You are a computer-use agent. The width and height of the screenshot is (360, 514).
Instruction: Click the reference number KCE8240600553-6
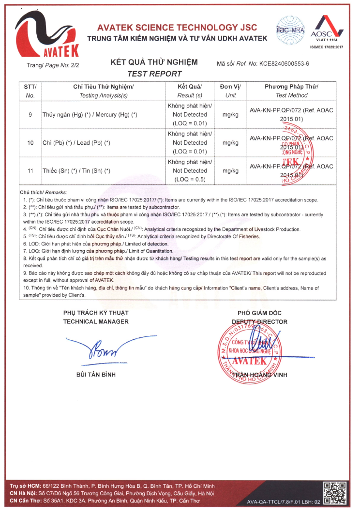coord(285,63)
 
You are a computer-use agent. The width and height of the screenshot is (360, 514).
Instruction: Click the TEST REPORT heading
coord(154,74)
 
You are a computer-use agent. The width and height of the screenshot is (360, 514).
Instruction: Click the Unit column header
coord(230,91)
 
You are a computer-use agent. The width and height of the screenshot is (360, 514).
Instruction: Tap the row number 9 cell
coord(30,115)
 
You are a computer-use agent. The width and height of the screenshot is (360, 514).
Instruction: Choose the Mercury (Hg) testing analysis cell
coord(90,115)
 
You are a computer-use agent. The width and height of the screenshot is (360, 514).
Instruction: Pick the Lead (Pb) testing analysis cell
coord(76,143)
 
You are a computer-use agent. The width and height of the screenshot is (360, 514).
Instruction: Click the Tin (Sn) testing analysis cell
coord(76,171)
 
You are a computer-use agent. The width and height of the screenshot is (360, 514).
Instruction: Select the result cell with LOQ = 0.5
coord(190,171)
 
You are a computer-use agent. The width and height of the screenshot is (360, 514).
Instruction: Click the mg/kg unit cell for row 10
coord(230,143)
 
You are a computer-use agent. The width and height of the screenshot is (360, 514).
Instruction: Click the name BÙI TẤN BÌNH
coord(96,374)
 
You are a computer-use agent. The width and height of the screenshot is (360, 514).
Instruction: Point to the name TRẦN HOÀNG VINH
coord(260,375)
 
